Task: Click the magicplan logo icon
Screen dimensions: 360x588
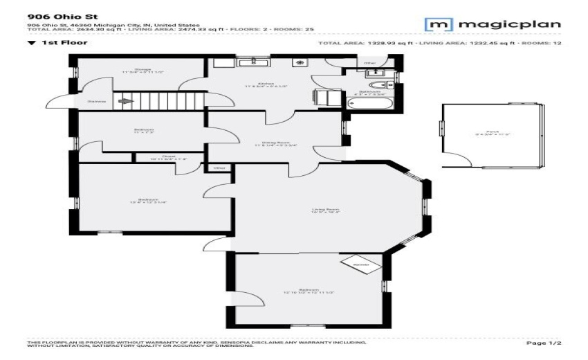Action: click(437, 25)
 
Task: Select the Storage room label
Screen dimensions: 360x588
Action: click(143, 70)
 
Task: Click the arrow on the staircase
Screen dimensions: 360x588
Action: click(125, 102)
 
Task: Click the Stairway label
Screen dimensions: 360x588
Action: click(96, 102)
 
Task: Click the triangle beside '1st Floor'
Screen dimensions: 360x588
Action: click(31, 42)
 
